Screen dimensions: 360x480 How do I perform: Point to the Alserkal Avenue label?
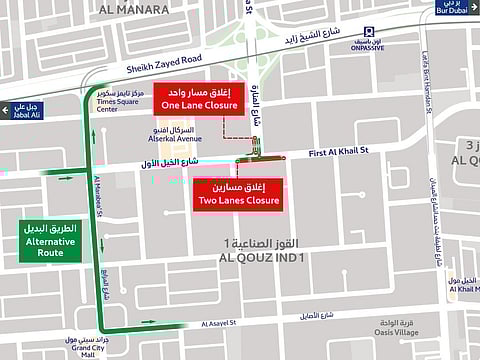[x=147, y=139]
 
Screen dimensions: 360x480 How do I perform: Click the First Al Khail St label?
[x=339, y=151]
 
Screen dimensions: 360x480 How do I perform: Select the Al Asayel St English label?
[x=222, y=324]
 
